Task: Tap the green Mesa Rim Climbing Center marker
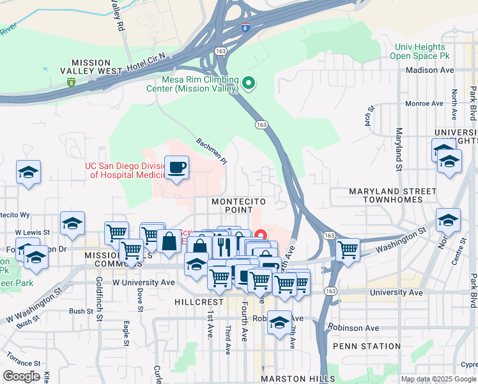[249, 83]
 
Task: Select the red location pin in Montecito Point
[260, 235]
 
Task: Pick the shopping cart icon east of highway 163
[348, 250]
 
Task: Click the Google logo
[22, 376]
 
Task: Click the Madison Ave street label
[429, 70]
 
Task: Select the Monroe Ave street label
[424, 103]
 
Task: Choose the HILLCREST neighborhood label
[201, 301]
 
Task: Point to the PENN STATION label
[367, 346]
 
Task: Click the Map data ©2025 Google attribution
[438, 379]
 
